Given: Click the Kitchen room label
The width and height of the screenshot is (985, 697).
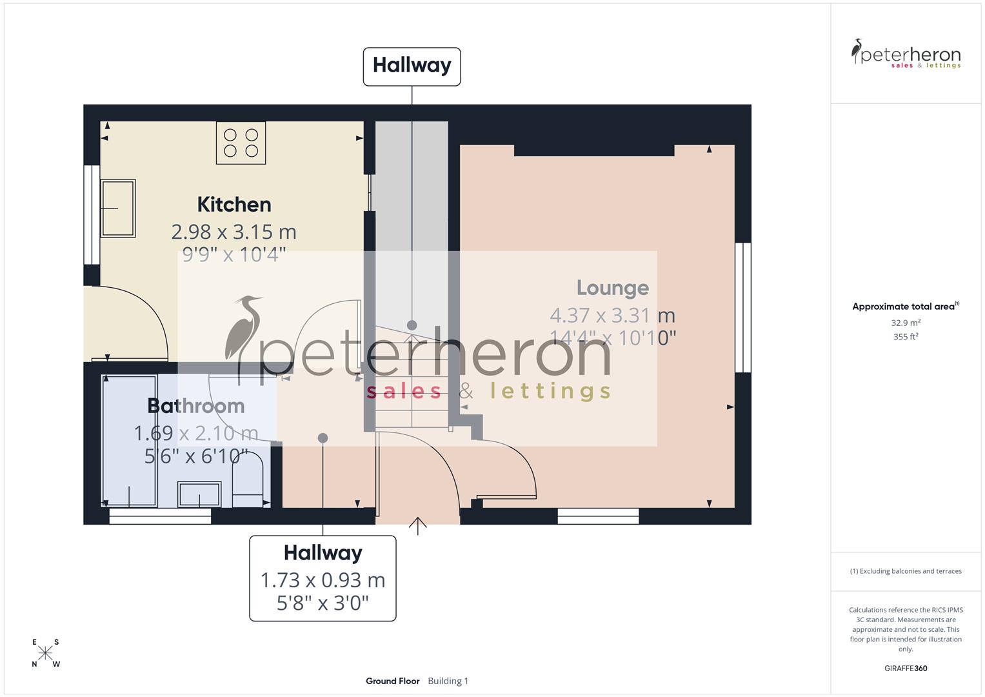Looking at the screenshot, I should pyautogui.click(x=234, y=205).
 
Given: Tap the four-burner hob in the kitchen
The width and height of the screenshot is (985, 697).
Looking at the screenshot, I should pyautogui.click(x=241, y=143).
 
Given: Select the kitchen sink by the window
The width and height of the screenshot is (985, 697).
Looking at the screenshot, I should pyautogui.click(x=118, y=208).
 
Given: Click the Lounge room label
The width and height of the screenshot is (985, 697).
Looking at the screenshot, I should pyautogui.click(x=612, y=288).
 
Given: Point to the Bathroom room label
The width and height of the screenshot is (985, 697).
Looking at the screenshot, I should pyautogui.click(x=195, y=406).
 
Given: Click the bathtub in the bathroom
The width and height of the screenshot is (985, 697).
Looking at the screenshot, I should pyautogui.click(x=130, y=440).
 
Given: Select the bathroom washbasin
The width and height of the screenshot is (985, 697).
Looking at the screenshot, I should pyautogui.click(x=199, y=494).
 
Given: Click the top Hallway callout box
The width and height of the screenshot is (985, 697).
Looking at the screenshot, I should pyautogui.click(x=412, y=66).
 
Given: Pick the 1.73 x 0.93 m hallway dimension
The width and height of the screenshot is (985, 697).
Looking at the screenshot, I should pyautogui.click(x=323, y=580).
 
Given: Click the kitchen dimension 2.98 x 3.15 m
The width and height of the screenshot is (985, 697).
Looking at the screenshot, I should pyautogui.click(x=234, y=231).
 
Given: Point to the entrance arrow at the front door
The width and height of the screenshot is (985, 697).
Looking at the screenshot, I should pyautogui.click(x=418, y=525).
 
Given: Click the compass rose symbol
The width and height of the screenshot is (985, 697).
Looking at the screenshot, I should pyautogui.click(x=45, y=653).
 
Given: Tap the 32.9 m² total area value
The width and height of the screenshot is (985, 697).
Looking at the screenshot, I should pyautogui.click(x=906, y=323).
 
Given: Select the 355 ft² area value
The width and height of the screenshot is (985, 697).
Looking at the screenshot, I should pyautogui.click(x=906, y=337).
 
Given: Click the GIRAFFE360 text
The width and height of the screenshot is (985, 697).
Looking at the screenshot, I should pyautogui.click(x=906, y=668).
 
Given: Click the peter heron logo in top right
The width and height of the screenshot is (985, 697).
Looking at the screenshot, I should pyautogui.click(x=906, y=54).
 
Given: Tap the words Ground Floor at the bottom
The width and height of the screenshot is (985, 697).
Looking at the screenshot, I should pyautogui.click(x=392, y=681).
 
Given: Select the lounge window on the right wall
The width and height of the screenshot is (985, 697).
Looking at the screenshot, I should pyautogui.click(x=743, y=307).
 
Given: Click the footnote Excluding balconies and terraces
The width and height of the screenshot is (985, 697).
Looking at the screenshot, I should pyautogui.click(x=906, y=571).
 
